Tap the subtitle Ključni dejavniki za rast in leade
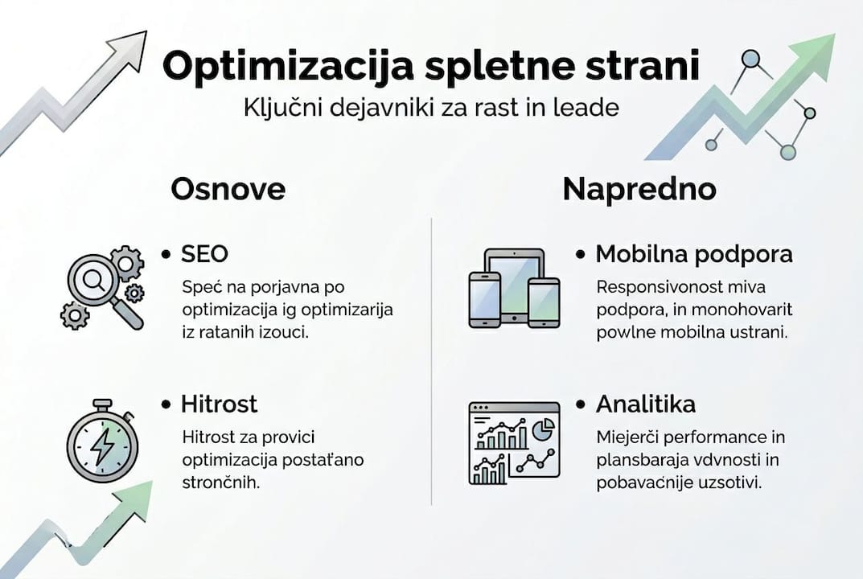[x=431, y=108]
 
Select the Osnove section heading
[x=228, y=189]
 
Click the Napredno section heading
[x=639, y=189]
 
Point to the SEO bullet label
[x=204, y=254]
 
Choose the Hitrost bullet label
[x=219, y=404]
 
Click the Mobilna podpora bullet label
[x=693, y=254]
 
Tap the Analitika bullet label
[x=645, y=404]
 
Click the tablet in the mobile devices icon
[x=513, y=278]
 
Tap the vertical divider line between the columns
[x=432, y=362]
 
